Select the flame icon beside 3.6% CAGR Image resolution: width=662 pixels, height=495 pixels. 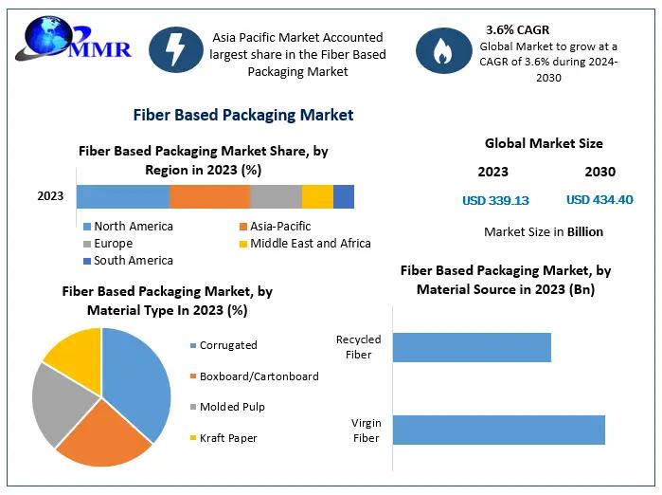pos(443,51)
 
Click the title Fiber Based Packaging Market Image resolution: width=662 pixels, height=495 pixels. pos(243,115)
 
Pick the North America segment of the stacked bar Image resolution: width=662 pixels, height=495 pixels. pos(123,196)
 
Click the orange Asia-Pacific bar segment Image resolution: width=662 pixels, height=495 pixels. pos(209,196)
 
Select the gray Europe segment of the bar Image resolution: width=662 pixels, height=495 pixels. pos(276,196)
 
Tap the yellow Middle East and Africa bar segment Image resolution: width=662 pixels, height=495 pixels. pos(317,196)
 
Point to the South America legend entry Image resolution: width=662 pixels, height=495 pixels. pos(133,261)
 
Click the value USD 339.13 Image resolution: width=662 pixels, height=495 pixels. pos(495,200)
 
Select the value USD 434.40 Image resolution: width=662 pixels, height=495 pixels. pos(599,200)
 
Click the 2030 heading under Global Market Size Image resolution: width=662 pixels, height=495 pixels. pos(599,172)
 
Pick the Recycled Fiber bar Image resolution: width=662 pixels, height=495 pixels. pos(472,347)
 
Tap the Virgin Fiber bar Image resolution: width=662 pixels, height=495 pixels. pos(498,430)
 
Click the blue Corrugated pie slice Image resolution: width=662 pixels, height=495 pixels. pos(139,379)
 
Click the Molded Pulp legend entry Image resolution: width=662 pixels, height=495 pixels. pos(232,407)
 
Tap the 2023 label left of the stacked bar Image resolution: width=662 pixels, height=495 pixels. pos(50,196)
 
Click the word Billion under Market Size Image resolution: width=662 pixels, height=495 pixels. pos(584,231)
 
